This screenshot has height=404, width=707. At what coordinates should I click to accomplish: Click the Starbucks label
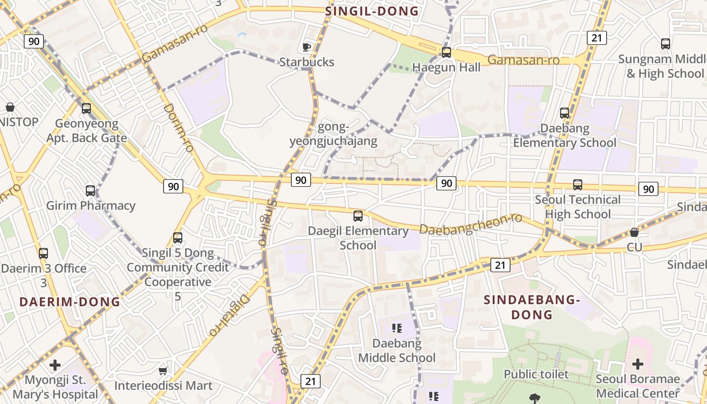coord(307,62)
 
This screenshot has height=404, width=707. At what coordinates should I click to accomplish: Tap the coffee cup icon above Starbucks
coord(306,47)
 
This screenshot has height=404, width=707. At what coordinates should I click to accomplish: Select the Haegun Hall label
coord(446,67)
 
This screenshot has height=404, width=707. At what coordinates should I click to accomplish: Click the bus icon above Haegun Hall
coord(446,52)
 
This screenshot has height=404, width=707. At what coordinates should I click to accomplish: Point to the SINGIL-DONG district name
coord(372,11)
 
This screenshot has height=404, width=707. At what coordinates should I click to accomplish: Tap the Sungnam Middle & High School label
coord(661,66)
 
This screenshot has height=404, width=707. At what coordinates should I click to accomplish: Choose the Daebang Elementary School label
coord(565,135)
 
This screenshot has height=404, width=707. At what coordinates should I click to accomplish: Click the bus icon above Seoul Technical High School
coord(577,185)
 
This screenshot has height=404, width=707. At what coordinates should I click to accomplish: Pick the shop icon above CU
coord(634,232)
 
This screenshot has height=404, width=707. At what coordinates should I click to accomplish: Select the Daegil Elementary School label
coord(358,238)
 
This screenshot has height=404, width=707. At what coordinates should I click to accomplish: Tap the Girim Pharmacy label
coord(91,206)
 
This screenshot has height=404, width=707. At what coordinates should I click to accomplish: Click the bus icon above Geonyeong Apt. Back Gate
coord(86,108)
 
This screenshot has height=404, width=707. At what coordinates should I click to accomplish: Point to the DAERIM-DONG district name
coord(70,302)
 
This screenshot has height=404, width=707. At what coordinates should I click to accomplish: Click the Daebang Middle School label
coord(397,350)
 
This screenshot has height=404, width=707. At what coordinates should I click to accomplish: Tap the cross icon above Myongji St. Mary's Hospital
coord(55,365)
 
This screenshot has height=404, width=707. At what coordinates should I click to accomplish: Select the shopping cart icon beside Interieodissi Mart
coord(163,371)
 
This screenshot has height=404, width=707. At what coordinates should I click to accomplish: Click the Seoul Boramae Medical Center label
coord(637,386)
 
